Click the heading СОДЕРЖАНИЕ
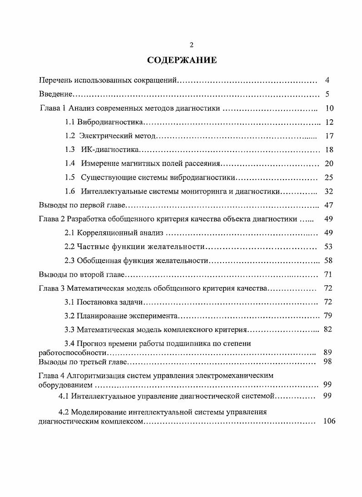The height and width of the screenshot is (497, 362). click(182, 60)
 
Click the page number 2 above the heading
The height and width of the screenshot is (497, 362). click(191, 44)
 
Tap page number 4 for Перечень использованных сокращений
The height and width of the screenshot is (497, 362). click(327, 80)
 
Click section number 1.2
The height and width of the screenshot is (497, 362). click(69, 136)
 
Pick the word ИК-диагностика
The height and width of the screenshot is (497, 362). click(109, 150)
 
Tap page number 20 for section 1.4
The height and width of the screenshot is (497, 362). click(329, 163)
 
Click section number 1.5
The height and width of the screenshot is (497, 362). click(69, 177)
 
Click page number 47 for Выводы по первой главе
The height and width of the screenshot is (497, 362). click(329, 205)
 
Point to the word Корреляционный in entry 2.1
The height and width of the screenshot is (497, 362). click(104, 233)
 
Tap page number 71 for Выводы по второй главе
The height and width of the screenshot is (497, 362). click(329, 274)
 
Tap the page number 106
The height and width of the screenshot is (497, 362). click(329, 421)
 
